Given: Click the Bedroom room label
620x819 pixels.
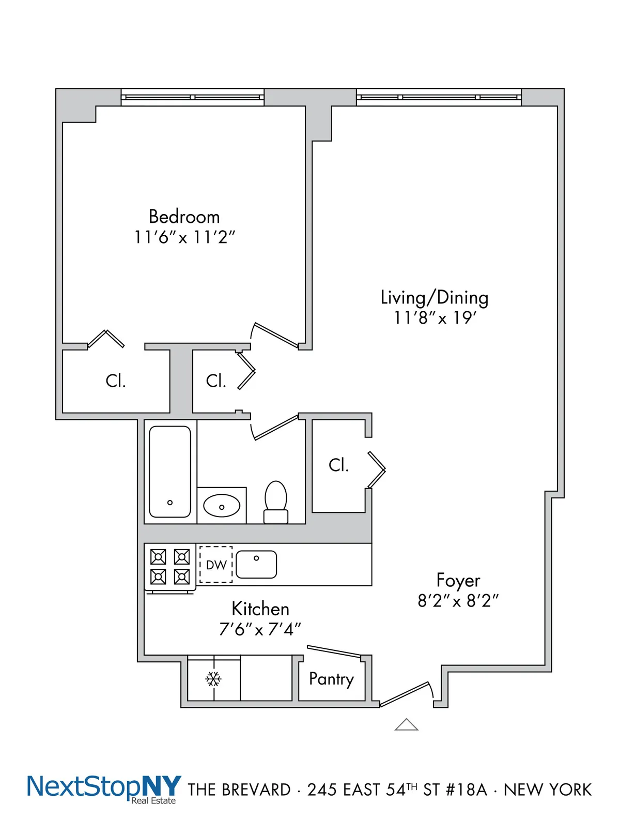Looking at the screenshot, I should [x=184, y=216].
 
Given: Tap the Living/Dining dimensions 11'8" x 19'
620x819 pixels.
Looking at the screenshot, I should [x=435, y=317].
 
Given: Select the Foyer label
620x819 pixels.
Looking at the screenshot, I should [x=458, y=580].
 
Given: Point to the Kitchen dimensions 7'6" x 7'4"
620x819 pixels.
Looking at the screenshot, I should [x=260, y=629].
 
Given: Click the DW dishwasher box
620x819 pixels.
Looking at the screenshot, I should [x=216, y=565].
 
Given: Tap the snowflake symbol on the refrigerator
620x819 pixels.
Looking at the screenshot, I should [x=213, y=678].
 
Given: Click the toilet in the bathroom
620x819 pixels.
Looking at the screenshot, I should [x=276, y=502].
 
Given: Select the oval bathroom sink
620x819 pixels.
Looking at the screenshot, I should [x=222, y=506].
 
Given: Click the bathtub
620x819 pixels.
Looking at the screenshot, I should [x=170, y=471].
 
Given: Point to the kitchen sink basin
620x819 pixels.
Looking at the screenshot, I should [x=257, y=564].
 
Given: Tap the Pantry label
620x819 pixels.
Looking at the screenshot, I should [x=331, y=679].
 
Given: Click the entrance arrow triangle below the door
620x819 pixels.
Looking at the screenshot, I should [x=406, y=725].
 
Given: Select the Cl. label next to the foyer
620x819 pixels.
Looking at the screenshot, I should [x=338, y=465].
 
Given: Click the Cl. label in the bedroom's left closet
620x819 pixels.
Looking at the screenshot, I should [x=115, y=381].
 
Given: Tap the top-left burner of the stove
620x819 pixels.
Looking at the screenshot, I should [x=158, y=557].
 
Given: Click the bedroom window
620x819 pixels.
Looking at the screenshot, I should [x=192, y=97].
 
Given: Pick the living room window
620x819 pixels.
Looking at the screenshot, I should [x=439, y=97].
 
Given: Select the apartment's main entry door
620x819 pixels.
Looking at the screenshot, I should [x=406, y=694].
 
